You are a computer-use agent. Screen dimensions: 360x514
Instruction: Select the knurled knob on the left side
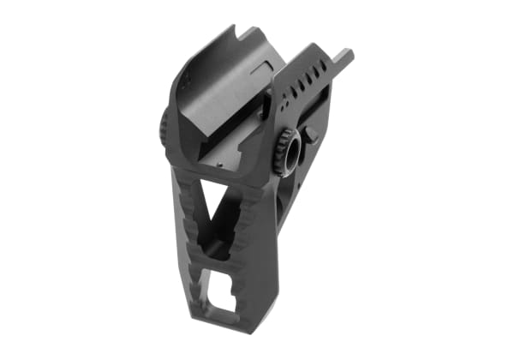(162, 130)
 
